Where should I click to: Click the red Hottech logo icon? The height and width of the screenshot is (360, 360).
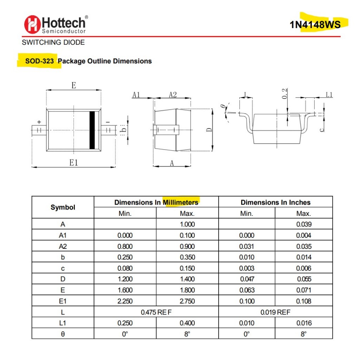coord(32,25)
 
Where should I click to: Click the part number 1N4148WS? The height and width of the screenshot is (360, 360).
coord(315,24)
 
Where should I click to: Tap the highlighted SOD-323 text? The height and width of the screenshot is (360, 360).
coord(39,61)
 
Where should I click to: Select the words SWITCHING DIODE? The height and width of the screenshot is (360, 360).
coord(53,43)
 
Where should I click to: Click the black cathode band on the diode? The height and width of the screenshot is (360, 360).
coord(92,130)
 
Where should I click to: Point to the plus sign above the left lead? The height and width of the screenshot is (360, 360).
coord(39,122)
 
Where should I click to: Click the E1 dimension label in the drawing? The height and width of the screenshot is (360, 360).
coord(73,162)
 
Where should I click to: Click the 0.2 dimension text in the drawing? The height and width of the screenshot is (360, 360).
coord(285,94)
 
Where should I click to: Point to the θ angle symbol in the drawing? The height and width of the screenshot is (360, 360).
coord(223,107)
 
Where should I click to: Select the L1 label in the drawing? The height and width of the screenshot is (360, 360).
coord(329,95)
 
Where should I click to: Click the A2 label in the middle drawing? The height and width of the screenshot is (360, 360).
coord(173,95)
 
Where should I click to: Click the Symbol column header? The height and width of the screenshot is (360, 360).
coord(63,207)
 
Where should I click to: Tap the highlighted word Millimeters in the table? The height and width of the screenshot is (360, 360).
coord(180,202)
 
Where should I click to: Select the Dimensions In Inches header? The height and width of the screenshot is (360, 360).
coord(276,202)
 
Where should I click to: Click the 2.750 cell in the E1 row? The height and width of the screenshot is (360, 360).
coord(187,301)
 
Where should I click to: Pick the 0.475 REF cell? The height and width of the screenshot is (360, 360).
coord(156,312)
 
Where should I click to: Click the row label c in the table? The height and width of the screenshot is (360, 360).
coord(63,268)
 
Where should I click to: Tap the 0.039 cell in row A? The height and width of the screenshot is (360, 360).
coord(303,224)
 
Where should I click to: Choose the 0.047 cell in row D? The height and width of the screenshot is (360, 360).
coord(246,279)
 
